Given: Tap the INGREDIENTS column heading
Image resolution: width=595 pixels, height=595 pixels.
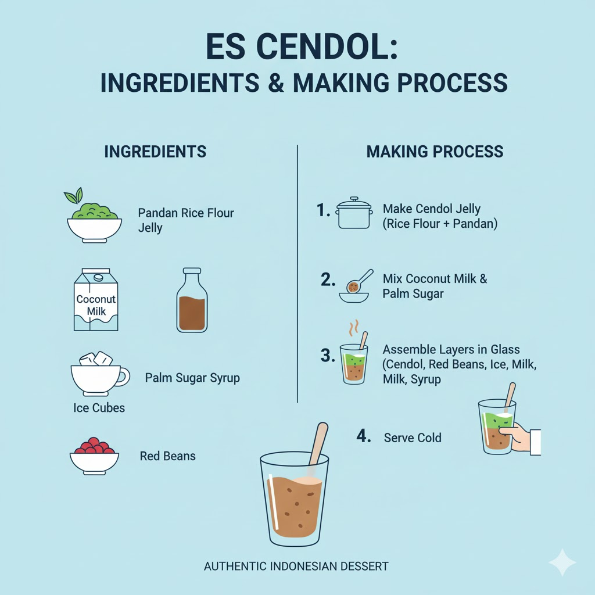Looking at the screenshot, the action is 155,152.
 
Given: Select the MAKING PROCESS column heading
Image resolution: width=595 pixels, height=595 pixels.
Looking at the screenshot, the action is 435,152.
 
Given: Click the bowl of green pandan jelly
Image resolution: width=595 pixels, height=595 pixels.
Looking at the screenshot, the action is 95,223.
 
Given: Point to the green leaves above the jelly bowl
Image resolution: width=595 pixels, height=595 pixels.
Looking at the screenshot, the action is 74,195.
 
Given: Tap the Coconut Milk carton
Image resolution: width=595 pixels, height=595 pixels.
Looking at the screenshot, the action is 96,299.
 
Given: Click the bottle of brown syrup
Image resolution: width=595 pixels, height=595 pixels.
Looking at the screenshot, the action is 192,300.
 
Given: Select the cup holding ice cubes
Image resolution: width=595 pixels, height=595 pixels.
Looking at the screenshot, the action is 100,374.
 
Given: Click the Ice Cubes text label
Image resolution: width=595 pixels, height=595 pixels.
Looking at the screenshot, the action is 99,407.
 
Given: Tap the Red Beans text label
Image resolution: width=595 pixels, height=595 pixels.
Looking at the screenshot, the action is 168,456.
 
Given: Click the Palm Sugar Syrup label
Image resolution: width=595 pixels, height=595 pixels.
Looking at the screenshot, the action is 192,378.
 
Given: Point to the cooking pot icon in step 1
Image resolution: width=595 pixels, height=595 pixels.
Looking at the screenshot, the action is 354,213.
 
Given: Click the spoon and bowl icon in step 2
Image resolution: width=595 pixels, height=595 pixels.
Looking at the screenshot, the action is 356,286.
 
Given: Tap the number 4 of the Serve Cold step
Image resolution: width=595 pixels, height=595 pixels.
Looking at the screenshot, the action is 364,436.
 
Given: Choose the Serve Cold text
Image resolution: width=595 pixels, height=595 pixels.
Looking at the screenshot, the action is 413,438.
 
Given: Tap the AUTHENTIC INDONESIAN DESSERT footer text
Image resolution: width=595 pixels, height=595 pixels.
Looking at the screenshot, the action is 296,566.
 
